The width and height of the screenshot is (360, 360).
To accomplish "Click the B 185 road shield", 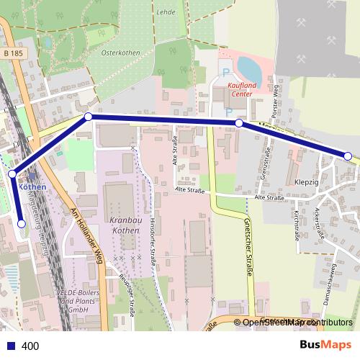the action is click(x=12, y=53).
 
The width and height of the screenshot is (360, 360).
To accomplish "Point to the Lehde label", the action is click(x=166, y=12).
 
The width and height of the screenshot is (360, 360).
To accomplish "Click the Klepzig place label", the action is click(x=307, y=182).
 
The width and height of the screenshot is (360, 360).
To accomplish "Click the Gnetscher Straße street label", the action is click(x=248, y=245).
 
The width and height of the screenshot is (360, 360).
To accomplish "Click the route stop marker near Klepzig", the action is click(x=348, y=156).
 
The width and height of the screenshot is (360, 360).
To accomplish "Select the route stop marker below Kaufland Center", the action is click(x=239, y=124).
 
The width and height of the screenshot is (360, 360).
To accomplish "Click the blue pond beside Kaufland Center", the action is click(x=249, y=69).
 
